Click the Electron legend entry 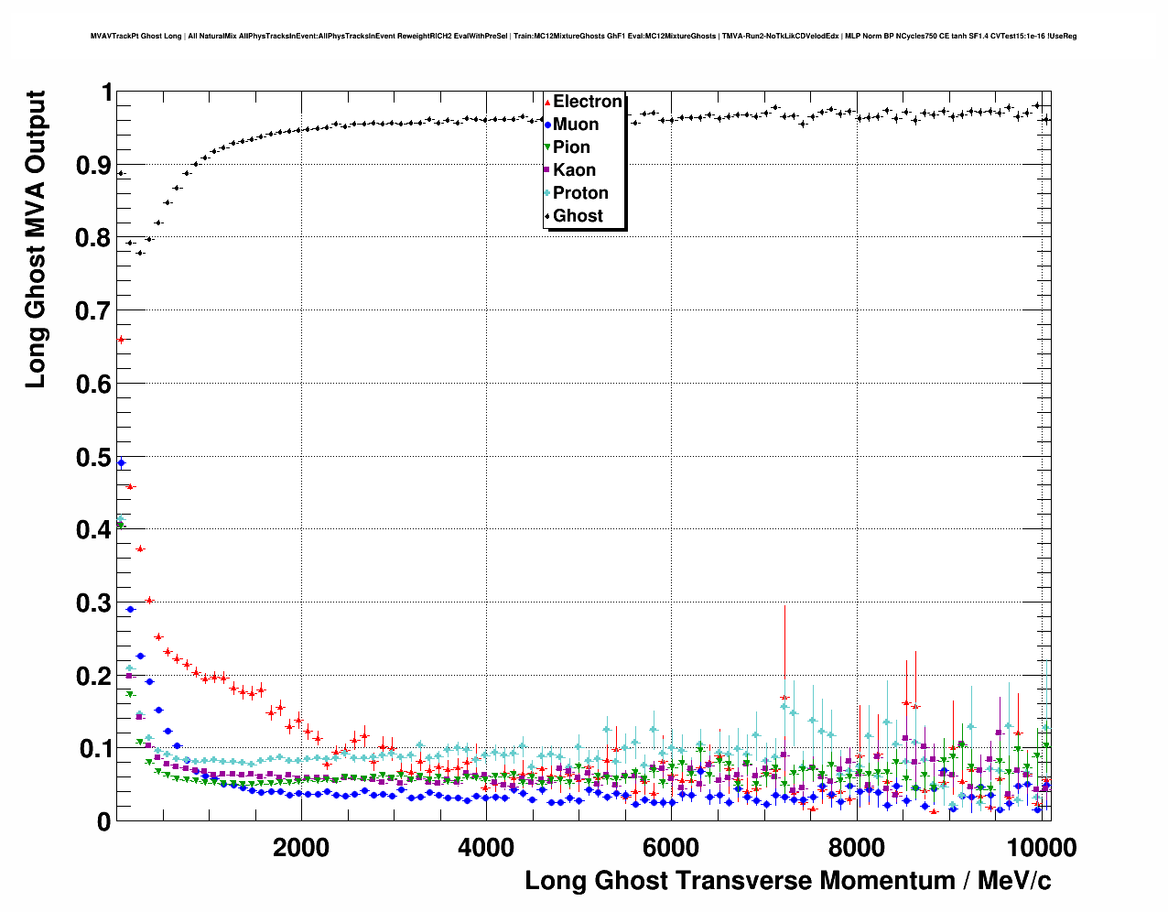click(587, 102)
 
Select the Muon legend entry click(575, 125)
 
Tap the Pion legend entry click(571, 147)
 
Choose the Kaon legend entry click(574, 170)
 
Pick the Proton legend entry click(580, 193)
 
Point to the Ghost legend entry click(578, 216)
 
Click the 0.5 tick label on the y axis click(94, 457)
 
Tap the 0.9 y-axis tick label click(94, 165)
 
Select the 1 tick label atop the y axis click(106, 92)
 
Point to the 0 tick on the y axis click(103, 821)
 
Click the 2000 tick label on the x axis click(301, 848)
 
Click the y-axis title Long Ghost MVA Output click(36, 238)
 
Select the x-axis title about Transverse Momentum click(787, 881)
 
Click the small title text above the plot click(583, 37)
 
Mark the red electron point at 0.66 click(120, 340)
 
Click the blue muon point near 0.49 click(121, 462)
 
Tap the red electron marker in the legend click(547, 102)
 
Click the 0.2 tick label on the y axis click(94, 676)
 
